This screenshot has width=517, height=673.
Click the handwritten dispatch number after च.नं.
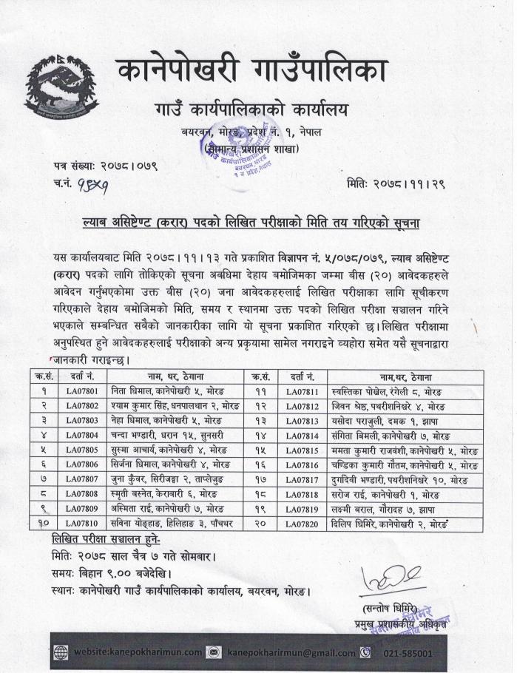click(x=95, y=184)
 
